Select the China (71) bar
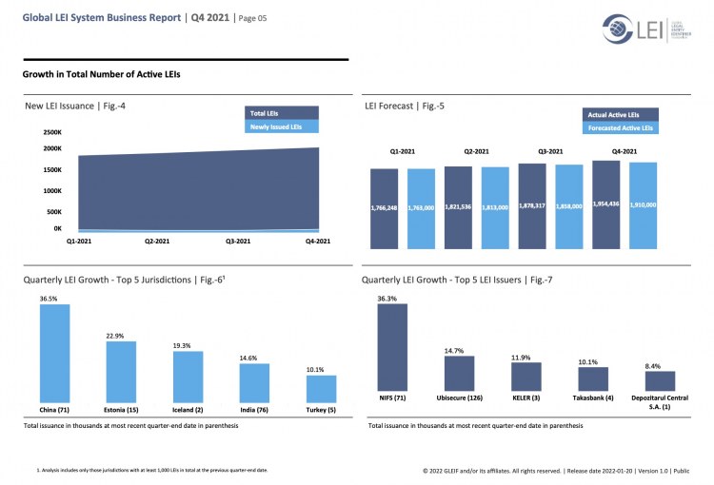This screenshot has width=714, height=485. [54, 352]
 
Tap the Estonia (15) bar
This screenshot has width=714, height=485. [121, 371]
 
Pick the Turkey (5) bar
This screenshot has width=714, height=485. [321, 388]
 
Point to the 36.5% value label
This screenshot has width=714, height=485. [48, 299]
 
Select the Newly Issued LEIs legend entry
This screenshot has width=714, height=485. [276, 126]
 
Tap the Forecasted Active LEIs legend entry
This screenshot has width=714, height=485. [620, 126]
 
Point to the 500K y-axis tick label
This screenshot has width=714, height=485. [53, 212]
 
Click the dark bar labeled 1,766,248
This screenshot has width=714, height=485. [384, 209]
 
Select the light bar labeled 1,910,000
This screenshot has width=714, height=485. [644, 205]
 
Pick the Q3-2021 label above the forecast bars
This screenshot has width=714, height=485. [550, 151]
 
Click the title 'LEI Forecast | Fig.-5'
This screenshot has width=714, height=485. [404, 106]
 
